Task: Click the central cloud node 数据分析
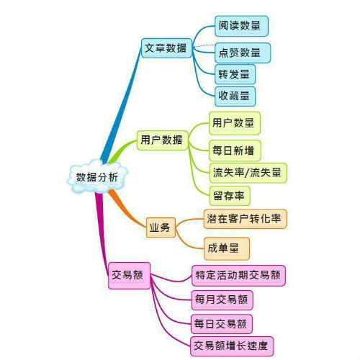[x=97, y=177]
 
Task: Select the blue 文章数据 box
[x=166, y=48]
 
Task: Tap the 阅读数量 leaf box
[x=241, y=26]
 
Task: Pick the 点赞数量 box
[x=243, y=53]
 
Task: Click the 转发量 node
[x=235, y=74]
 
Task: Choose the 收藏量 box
[x=235, y=96]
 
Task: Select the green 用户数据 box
[x=163, y=140]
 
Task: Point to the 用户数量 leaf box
[x=235, y=123]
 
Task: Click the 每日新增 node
[x=235, y=150]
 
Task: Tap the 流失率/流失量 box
[x=248, y=173]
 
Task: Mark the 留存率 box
[x=230, y=196]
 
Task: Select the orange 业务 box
[x=161, y=228]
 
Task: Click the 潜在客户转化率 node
[x=245, y=219]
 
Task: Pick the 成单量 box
[x=227, y=248]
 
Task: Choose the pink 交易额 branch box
[x=129, y=276]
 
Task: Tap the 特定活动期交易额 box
[x=238, y=276]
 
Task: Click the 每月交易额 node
[x=222, y=300]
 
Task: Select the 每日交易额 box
[x=222, y=324]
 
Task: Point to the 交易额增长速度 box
[x=232, y=346]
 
